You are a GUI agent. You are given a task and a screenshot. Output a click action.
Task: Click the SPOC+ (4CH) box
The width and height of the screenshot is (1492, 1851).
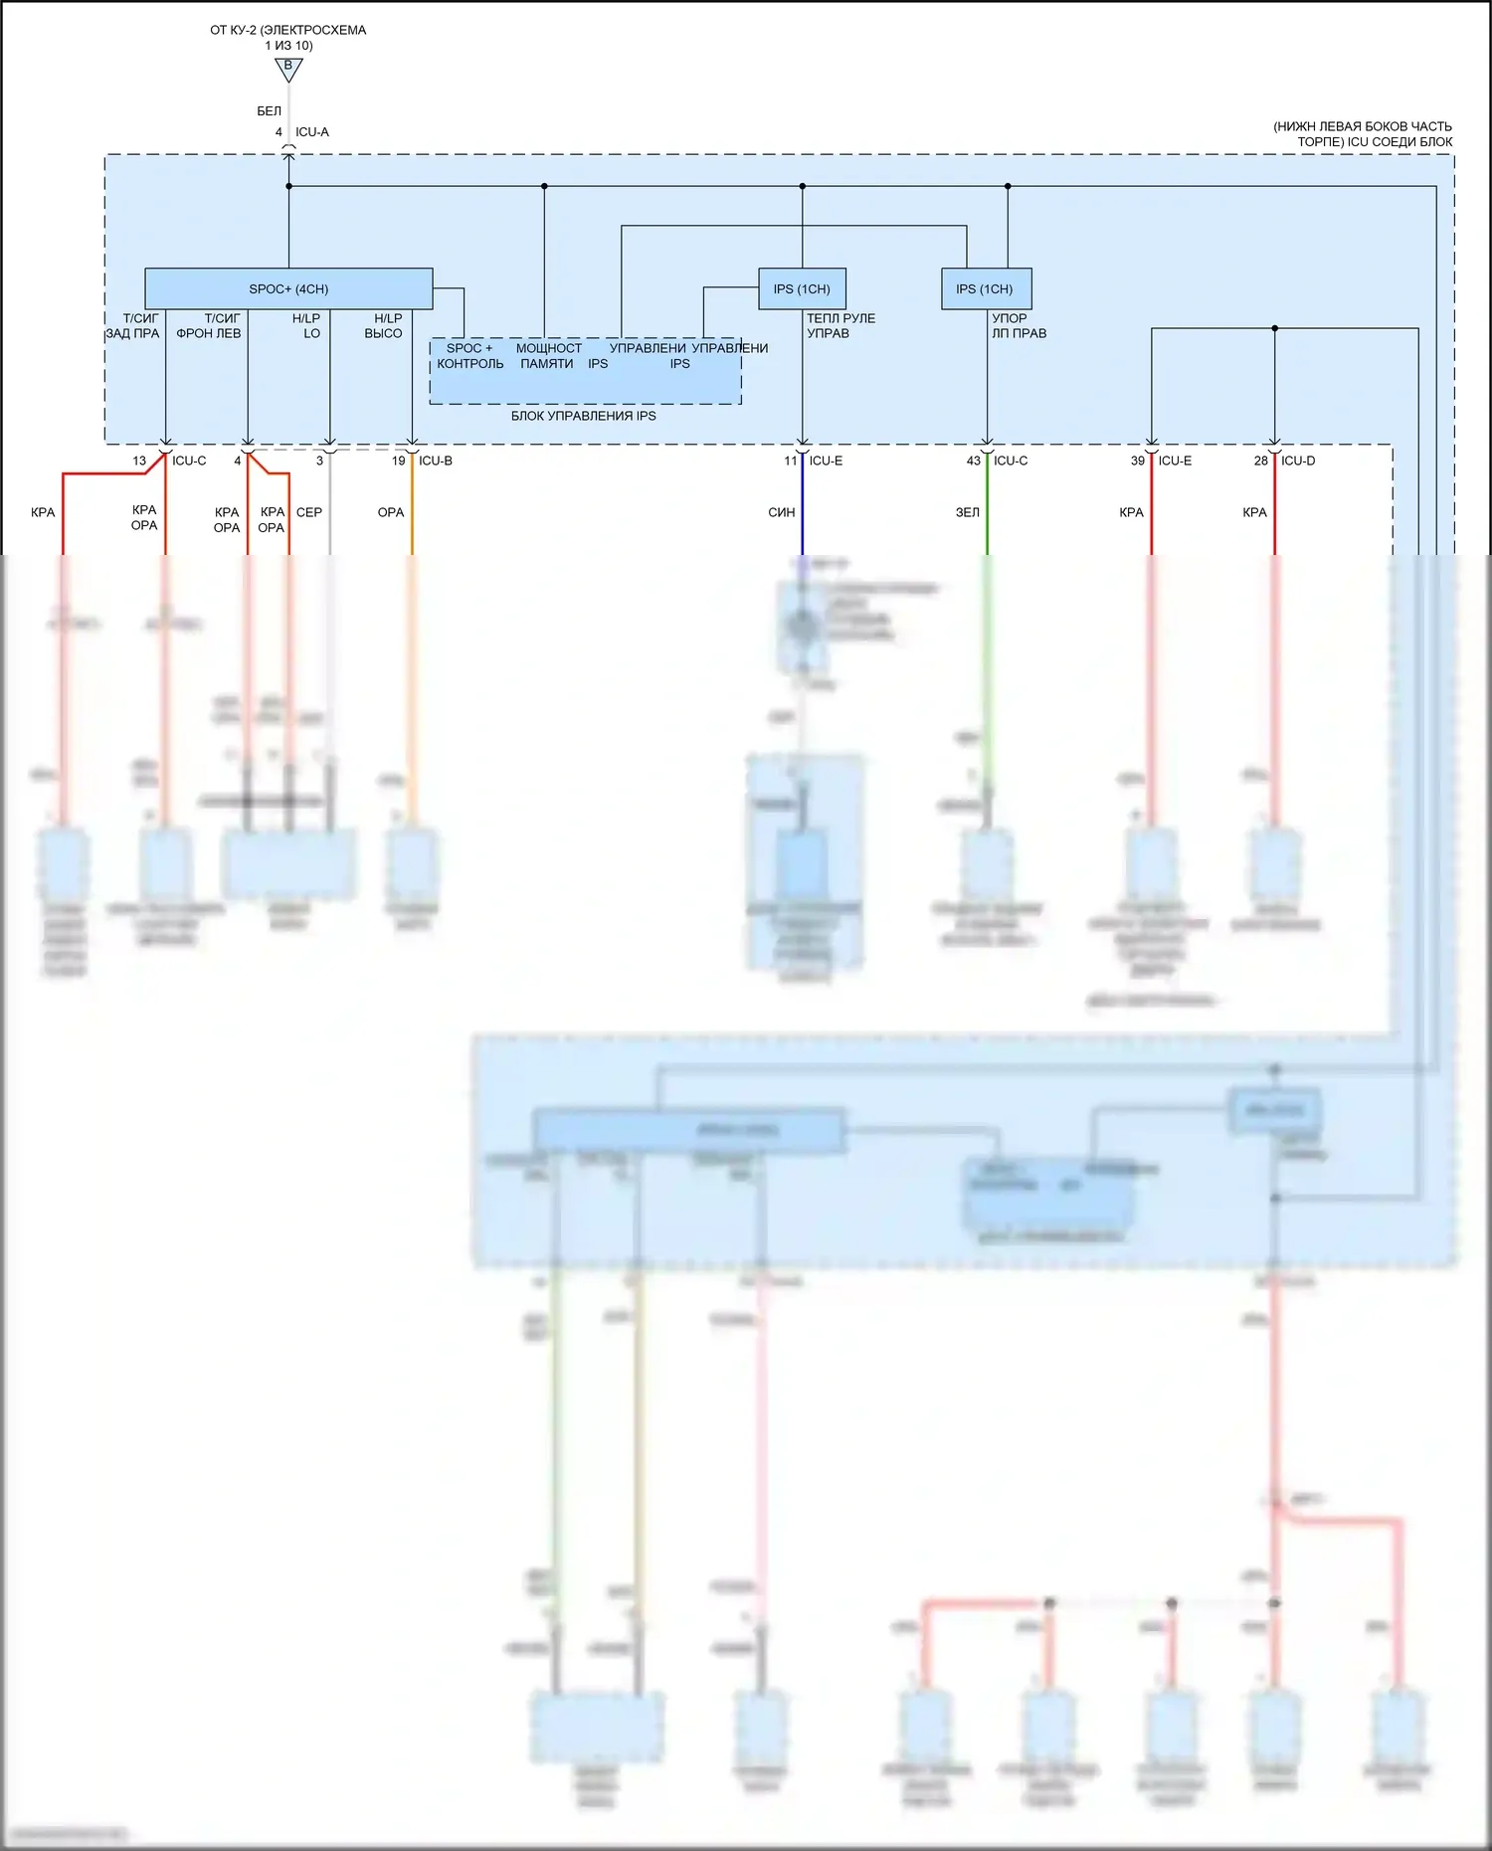pyautogui.click(x=288, y=288)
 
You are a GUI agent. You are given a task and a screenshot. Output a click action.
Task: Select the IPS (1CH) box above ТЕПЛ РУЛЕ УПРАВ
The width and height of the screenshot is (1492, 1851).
pyautogui.click(x=802, y=288)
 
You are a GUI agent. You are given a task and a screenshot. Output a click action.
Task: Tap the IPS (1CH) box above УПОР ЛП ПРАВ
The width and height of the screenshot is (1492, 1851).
pyautogui.click(x=986, y=288)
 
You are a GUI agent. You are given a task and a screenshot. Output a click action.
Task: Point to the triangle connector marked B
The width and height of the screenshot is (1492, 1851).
pyautogui.click(x=288, y=69)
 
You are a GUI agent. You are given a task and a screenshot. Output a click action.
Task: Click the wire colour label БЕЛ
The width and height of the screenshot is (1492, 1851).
pyautogui.click(x=269, y=111)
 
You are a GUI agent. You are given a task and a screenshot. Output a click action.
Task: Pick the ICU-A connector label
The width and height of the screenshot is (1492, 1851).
pyautogui.click(x=312, y=132)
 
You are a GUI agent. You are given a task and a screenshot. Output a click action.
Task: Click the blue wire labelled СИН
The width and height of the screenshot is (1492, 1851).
pyautogui.click(x=803, y=512)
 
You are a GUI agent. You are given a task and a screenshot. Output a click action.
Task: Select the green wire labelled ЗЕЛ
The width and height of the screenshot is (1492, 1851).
pyautogui.click(x=987, y=512)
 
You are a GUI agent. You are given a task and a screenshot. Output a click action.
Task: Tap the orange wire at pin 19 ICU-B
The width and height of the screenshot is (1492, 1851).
pyautogui.click(x=412, y=512)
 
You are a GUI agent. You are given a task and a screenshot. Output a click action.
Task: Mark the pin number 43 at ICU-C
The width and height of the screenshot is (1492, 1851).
pyautogui.click(x=974, y=461)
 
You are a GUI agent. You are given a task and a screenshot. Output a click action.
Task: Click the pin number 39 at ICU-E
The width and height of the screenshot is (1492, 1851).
pyautogui.click(x=1138, y=461)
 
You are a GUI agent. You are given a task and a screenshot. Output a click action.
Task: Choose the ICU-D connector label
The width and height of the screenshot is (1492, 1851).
pyautogui.click(x=1298, y=461)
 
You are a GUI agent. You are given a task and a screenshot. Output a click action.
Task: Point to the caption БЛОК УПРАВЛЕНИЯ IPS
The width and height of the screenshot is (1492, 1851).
pyautogui.click(x=584, y=416)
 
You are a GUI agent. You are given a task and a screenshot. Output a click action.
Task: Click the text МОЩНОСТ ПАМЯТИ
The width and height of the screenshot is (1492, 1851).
pyautogui.click(x=548, y=356)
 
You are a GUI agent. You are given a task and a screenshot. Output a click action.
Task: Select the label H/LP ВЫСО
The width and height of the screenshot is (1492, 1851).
pyautogui.click(x=385, y=326)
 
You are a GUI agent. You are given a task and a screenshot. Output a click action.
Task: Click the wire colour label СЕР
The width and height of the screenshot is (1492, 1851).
pyautogui.click(x=309, y=512)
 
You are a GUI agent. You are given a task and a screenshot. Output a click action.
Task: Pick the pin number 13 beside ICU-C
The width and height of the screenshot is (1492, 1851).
pyautogui.click(x=139, y=461)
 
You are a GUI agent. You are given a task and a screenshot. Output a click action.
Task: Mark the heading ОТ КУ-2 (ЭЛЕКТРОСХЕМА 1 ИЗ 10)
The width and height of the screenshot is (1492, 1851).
pyautogui.click(x=288, y=38)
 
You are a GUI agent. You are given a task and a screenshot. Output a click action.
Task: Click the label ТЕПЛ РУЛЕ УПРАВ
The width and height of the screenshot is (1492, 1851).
pyautogui.click(x=840, y=326)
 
